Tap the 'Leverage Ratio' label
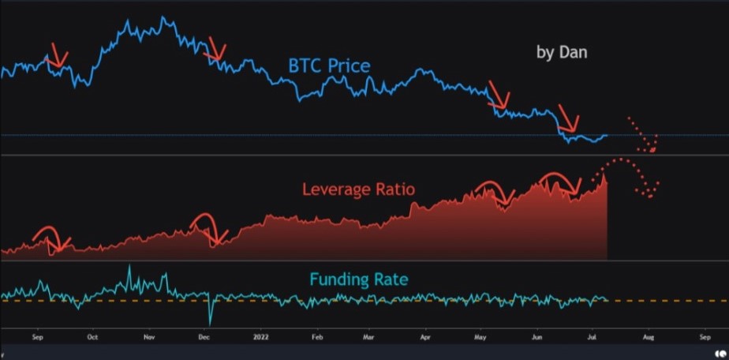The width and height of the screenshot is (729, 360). [358, 190]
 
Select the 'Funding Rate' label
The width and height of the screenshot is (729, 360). [358, 279]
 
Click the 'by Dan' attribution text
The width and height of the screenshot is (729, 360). [562, 53]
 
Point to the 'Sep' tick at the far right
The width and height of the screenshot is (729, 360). [705, 336]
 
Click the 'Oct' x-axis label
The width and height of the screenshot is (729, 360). [93, 336]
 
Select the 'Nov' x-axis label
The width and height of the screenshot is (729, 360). [148, 336]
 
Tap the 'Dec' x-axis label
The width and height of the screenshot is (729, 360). [204, 336]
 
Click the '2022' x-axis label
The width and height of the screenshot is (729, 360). [261, 336]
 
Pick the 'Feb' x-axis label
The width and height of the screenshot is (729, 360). [316, 336]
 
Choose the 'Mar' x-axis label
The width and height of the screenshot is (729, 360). [368, 336]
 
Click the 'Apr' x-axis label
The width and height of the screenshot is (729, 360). [425, 336]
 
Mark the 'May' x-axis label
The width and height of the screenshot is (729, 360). [480, 336]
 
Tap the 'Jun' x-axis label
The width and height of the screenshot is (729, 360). [536, 336]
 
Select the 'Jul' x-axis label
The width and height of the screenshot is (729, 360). [592, 336]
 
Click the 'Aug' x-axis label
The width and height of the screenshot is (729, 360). [648, 336]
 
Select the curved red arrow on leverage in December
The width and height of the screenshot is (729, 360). [208, 227]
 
